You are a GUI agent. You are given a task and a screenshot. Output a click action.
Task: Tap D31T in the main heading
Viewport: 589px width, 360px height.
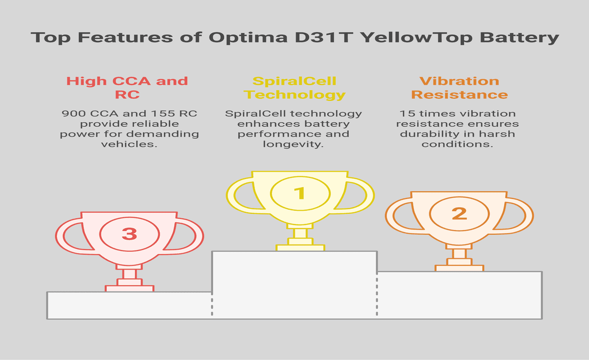click(x=325, y=37)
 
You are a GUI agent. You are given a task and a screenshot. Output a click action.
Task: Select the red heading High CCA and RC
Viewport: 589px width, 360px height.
click(x=127, y=87)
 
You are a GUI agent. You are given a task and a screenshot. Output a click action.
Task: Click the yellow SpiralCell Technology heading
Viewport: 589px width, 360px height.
click(x=294, y=88)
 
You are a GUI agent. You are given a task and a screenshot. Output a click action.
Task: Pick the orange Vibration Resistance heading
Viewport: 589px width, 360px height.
click(x=460, y=87)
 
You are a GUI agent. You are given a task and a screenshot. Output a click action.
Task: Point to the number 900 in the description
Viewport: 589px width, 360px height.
click(x=74, y=114)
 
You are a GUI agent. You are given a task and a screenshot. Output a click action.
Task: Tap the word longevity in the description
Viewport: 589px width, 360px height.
click(x=293, y=144)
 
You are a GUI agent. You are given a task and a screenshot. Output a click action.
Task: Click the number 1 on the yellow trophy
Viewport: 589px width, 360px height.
click(x=300, y=193)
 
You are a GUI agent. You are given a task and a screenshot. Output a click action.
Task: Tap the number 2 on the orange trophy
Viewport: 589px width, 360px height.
click(x=459, y=214)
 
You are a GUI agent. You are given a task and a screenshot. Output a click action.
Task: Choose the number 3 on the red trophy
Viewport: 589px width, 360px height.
click(x=129, y=234)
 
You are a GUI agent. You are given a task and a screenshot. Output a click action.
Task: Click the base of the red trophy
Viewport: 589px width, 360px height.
click(x=129, y=288)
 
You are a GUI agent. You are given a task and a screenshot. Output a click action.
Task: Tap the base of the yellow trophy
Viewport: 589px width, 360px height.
click(x=300, y=248)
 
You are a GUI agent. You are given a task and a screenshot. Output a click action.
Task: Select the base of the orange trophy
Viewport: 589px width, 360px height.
click(x=459, y=268)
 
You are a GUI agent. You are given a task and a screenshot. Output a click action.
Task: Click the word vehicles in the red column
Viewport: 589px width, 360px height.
click(x=129, y=144)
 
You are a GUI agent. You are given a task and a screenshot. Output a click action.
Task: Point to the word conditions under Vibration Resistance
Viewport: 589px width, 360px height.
click(x=457, y=144)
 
